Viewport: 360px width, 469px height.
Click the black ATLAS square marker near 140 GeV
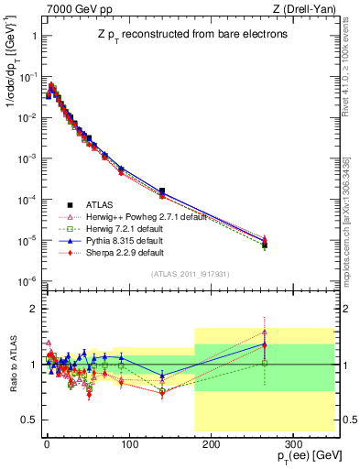[162, 191]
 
